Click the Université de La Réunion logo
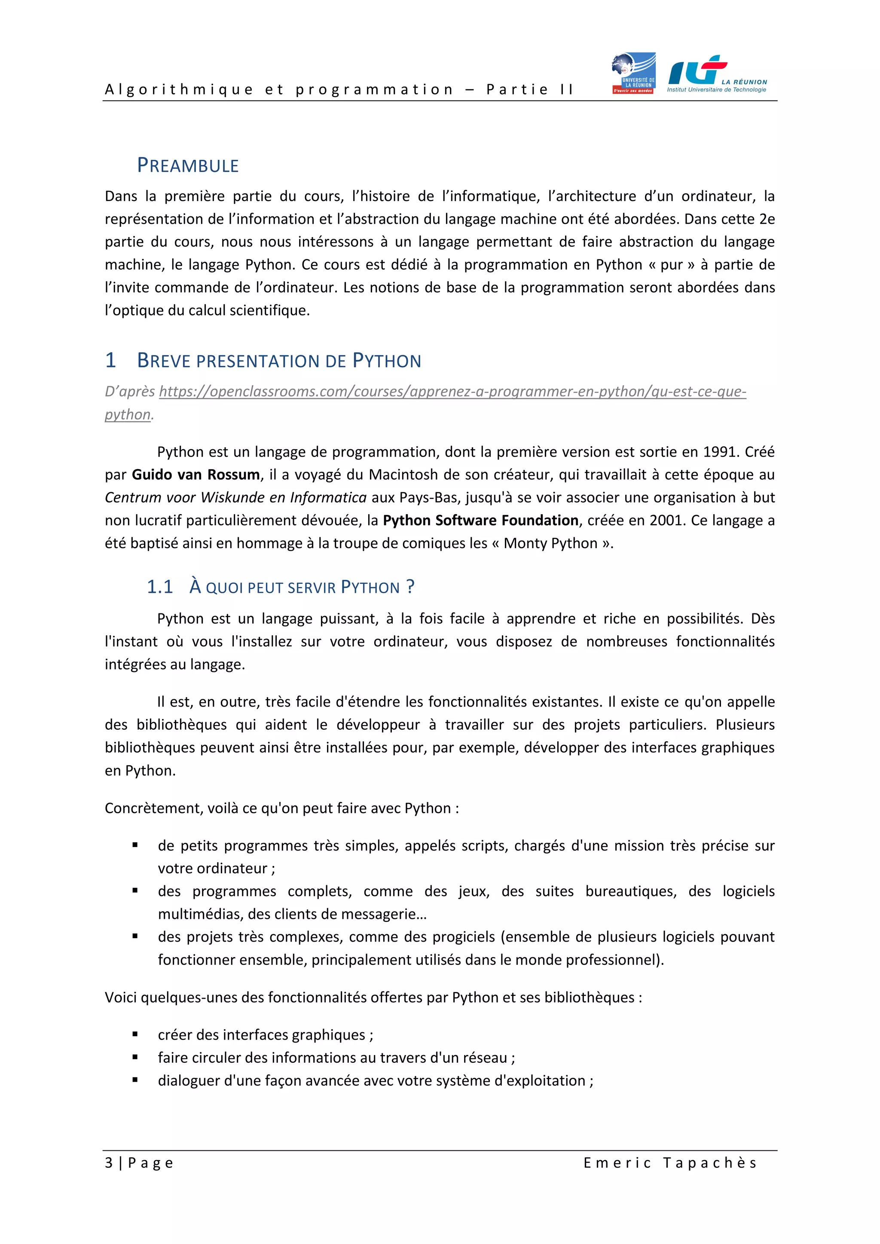coord(633,73)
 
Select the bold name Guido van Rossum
coord(196,475)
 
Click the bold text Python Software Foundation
coord(481,521)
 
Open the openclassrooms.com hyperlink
coord(452,392)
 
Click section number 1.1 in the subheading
coord(159,587)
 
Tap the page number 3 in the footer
coord(109,1163)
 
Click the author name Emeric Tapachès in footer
coord(670,1163)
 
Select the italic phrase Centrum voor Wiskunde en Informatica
coord(235,498)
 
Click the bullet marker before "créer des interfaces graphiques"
coord(135,1034)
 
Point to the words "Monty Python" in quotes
coord(550,543)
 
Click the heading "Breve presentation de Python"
coord(278,361)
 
